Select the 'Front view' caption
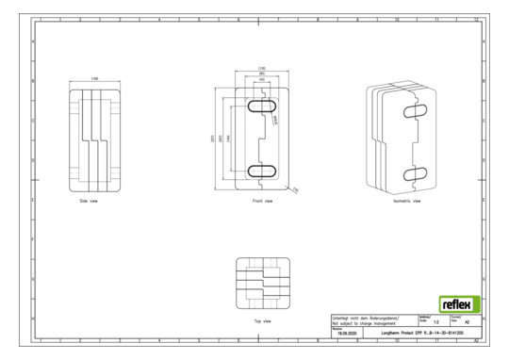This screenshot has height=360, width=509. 263,201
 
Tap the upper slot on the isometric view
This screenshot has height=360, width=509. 417,111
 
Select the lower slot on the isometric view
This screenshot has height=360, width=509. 417,172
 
